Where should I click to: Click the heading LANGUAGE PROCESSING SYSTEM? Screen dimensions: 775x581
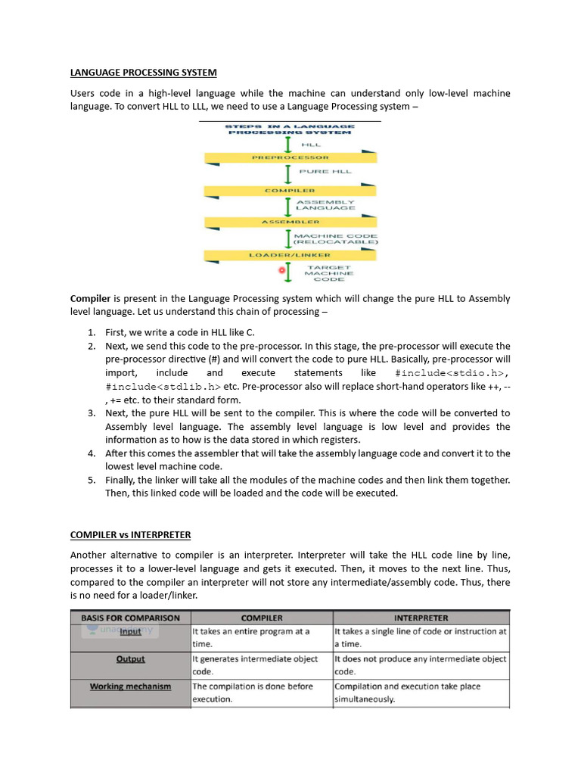tap(143, 73)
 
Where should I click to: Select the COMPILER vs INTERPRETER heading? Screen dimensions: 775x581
tap(130, 535)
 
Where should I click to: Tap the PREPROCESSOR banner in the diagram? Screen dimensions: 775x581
tap(290, 157)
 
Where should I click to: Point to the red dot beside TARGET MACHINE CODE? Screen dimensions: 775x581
tap(282, 269)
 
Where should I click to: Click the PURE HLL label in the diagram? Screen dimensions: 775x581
tap(326, 172)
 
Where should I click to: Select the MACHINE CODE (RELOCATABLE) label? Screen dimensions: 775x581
tap(335, 239)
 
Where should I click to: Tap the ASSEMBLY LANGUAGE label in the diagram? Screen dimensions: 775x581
tap(325, 205)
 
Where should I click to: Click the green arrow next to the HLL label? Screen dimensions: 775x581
tap(288, 143)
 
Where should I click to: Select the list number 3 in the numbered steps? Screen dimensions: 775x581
tap(91, 413)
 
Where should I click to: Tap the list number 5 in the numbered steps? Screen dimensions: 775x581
tap(91, 480)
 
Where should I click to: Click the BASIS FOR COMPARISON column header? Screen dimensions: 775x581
tap(130, 618)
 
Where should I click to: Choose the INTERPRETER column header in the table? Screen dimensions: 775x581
tap(421, 618)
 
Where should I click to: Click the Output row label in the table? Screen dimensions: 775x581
tap(130, 659)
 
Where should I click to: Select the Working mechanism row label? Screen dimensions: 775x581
tap(130, 686)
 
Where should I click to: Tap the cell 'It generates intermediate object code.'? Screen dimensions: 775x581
tap(260, 665)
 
